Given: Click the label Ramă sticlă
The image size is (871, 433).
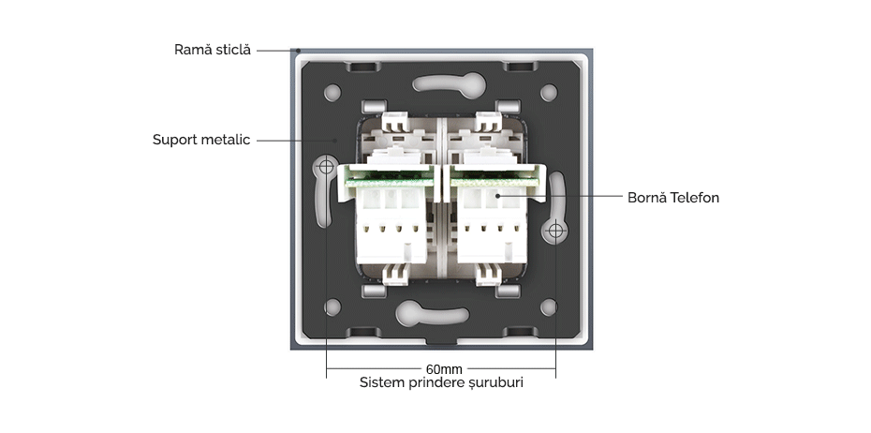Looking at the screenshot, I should [213, 50].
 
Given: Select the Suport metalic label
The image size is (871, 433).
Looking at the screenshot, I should [201, 141].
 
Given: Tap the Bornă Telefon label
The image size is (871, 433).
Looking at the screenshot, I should [672, 198].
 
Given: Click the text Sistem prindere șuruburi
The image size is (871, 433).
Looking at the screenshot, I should [441, 383].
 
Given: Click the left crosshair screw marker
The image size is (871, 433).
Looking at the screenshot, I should [326, 168].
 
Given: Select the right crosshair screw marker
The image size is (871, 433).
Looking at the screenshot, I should [555, 230].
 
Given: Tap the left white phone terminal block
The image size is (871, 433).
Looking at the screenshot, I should [386, 220].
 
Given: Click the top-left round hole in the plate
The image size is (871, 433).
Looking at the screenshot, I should [332, 94].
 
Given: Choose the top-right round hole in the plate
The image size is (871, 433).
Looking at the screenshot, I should [549, 93].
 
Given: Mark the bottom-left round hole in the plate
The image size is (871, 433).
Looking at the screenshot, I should [332, 306].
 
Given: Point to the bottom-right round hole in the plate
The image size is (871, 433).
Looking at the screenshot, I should [549, 306].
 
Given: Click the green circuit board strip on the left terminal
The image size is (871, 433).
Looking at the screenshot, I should [386, 172].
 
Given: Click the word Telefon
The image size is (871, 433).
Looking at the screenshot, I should [695, 198].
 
